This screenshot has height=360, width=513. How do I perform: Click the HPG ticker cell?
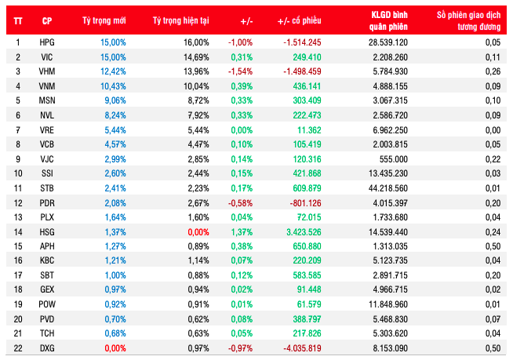(47, 42)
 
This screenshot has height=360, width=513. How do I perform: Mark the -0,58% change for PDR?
(239, 203)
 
